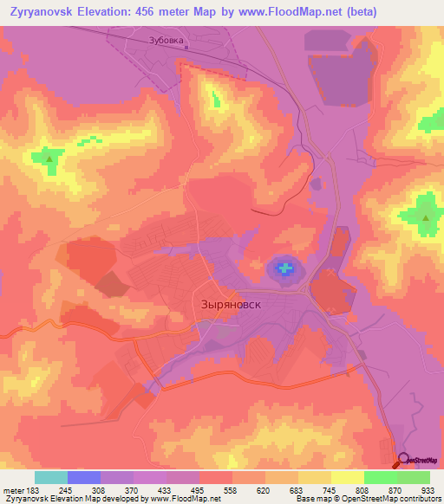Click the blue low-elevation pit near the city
[x=284, y=268]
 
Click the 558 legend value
[x=231, y=489]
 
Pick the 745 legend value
[x=330, y=489]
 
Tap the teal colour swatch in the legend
[x=51, y=476]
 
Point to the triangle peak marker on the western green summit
[x=49, y=159]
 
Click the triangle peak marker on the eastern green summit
[x=425, y=218]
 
